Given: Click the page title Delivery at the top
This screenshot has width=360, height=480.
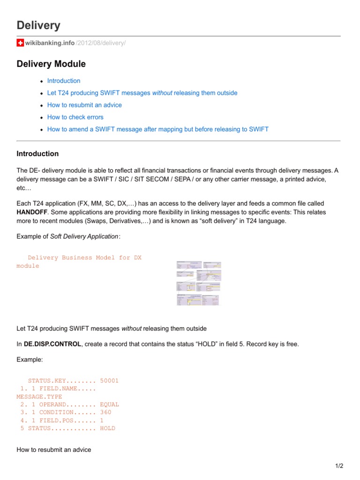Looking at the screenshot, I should click(x=38, y=25).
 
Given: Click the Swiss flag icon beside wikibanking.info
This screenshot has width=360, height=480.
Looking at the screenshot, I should click(x=20, y=43).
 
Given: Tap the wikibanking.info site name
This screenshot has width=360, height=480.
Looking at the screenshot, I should click(x=50, y=43).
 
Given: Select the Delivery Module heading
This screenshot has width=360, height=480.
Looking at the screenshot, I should click(x=51, y=64).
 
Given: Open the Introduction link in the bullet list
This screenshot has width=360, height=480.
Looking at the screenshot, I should click(x=64, y=81).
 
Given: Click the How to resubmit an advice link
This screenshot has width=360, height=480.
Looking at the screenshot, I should click(x=84, y=105).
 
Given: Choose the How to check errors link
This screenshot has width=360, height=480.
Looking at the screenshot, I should click(x=75, y=117).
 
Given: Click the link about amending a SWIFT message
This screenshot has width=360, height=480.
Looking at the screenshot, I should click(x=158, y=129).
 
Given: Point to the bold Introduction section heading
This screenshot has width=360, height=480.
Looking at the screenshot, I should click(x=37, y=154).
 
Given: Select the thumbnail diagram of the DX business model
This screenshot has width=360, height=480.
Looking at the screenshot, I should click(x=198, y=283).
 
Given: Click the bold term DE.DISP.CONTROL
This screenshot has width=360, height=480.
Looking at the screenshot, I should click(x=52, y=344).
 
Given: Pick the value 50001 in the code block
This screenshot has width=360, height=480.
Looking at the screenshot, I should click(x=109, y=381).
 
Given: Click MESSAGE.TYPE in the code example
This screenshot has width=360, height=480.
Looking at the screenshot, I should click(x=39, y=397).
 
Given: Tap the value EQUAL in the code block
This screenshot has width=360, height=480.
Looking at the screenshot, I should click(x=109, y=404).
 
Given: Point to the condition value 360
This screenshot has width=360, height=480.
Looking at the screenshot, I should click(x=105, y=412).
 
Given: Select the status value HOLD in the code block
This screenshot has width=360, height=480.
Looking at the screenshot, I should click(x=107, y=428).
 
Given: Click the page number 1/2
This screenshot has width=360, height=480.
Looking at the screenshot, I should click(x=339, y=466).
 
